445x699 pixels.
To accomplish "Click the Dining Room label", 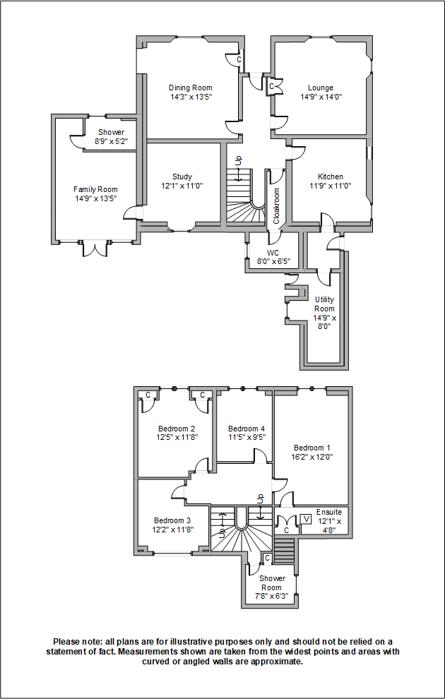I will coord(190,88).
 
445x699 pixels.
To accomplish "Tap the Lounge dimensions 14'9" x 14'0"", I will coord(321,97).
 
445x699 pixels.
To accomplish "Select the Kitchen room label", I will coord(330,177).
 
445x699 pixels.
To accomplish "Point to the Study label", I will coord(182,177).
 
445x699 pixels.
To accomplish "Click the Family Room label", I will coord(95,189).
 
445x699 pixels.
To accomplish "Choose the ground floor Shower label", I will coord(111,132).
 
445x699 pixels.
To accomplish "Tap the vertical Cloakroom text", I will coord(277,205).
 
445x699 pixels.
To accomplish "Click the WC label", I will coord(273,252).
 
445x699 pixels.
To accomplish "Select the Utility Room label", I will coord(324,304).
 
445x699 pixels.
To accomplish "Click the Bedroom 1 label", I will coord(311,448).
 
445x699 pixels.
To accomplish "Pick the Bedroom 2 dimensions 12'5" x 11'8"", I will coord(177,437).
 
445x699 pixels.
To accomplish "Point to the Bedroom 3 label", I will coord(172,520).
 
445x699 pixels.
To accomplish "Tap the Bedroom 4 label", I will coord(247,429).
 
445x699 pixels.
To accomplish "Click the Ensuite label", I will coord(329,512).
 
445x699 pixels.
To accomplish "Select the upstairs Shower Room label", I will coord(272,582).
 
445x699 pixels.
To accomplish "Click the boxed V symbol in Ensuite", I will coord(306,519).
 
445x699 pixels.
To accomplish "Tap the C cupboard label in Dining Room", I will coord(239,60).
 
